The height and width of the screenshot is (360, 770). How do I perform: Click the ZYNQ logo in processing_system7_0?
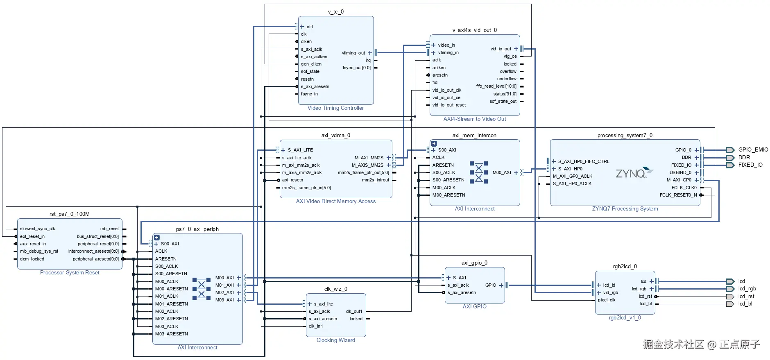click(x=634, y=173)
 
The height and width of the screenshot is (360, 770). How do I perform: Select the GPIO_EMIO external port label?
click(x=753, y=150)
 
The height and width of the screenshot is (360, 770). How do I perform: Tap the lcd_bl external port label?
click(x=745, y=304)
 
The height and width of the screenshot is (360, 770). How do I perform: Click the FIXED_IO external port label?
click(x=750, y=165)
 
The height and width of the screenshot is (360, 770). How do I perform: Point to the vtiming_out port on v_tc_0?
click(x=353, y=53)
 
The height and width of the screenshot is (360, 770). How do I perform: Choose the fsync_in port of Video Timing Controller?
click(x=309, y=94)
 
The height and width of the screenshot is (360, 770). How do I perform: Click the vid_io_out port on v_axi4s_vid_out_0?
click(x=501, y=49)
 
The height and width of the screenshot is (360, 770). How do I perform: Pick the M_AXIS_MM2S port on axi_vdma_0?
click(x=367, y=165)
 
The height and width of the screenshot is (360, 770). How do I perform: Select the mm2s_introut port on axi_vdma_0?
click(x=375, y=180)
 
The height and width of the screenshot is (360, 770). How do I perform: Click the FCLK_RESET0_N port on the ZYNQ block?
click(x=678, y=195)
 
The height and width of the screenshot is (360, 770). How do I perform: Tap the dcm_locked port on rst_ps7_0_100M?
click(x=32, y=259)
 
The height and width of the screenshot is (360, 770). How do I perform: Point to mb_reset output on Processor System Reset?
click(x=109, y=229)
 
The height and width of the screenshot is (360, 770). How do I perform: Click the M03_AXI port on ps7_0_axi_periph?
click(x=224, y=300)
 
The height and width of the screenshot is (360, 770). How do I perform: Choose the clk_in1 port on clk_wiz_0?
click(x=316, y=326)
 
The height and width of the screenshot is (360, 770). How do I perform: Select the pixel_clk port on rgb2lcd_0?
click(x=607, y=300)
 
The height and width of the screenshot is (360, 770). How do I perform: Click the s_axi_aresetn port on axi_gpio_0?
click(x=462, y=292)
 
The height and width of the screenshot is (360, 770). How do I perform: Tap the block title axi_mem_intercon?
click(x=474, y=135)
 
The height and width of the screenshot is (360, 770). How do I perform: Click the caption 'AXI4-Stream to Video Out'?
click(x=475, y=119)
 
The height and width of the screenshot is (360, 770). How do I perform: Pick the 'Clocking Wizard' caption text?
click(x=336, y=340)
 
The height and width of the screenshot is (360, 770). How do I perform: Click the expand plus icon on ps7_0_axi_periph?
click(x=157, y=238)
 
